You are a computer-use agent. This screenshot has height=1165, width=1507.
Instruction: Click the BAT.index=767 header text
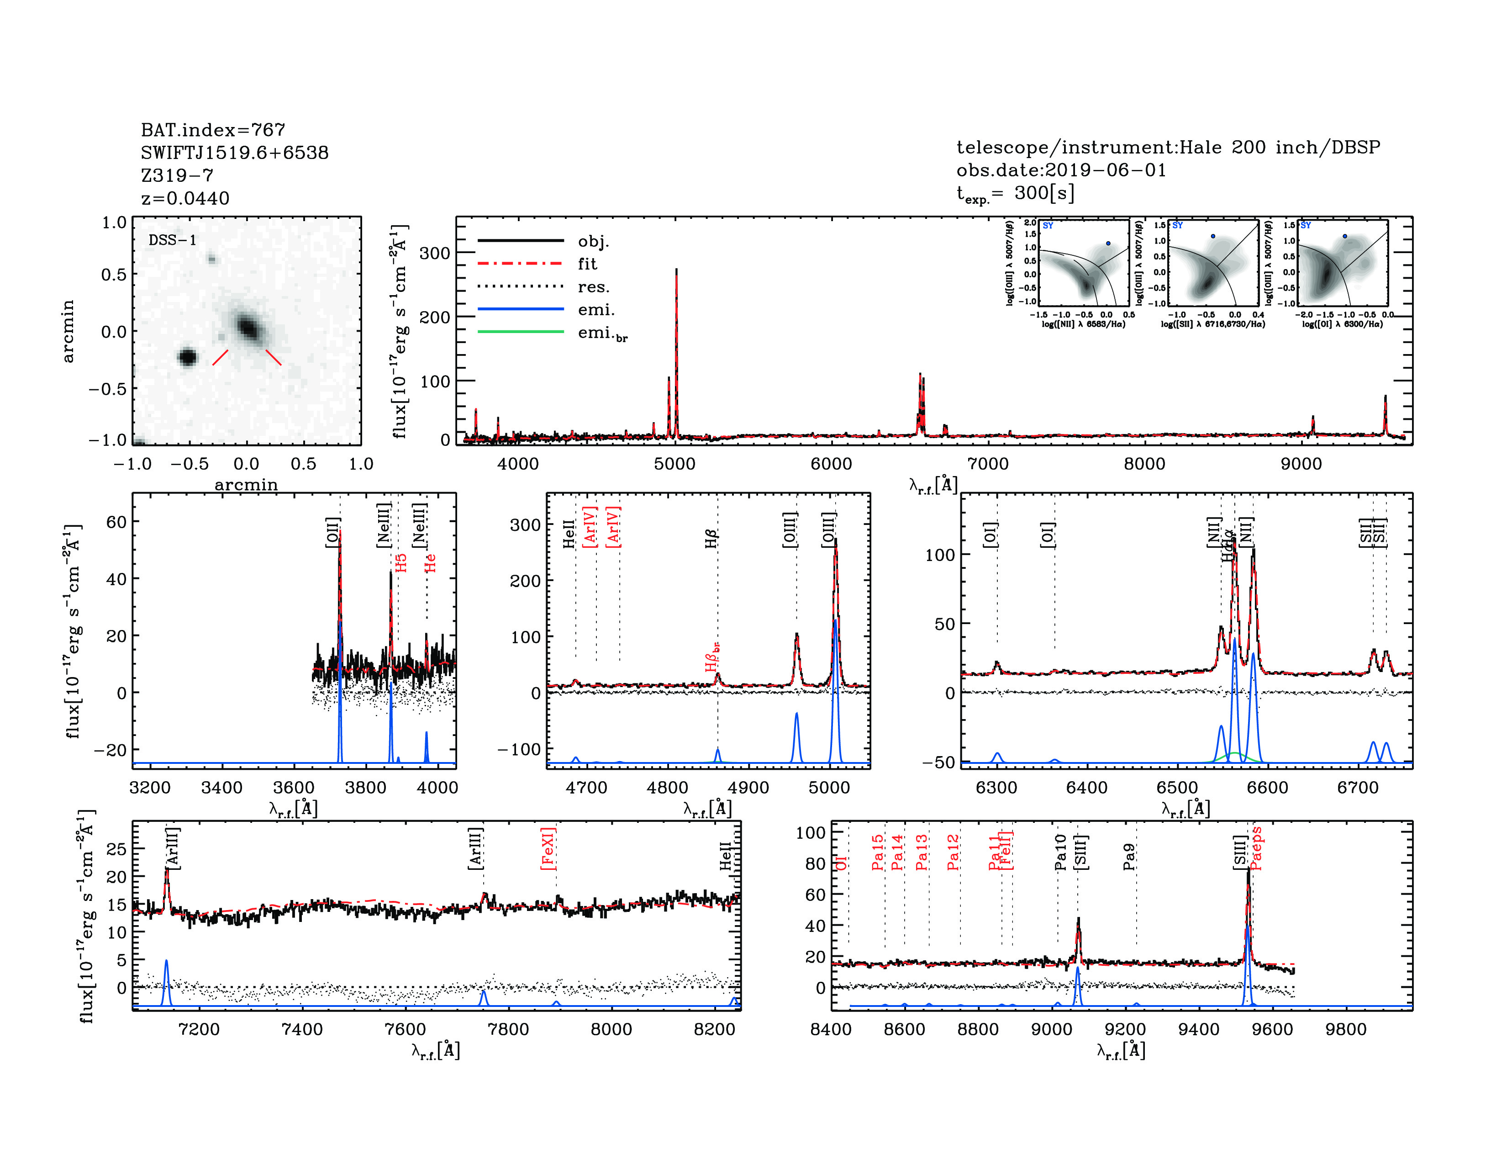[x=212, y=130]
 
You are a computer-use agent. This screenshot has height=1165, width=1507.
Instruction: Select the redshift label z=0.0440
[x=185, y=198]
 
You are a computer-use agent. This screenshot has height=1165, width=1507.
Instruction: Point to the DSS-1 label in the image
[x=173, y=240]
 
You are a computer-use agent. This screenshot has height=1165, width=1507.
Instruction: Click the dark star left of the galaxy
[x=188, y=357]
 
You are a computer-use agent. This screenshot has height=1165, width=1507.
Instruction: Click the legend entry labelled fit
[x=587, y=264]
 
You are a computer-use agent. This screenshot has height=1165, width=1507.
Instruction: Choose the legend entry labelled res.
[x=593, y=286]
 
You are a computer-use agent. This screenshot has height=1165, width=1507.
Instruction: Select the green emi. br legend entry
[x=602, y=334]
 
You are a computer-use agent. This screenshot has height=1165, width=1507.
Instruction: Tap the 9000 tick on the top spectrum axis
[x=1301, y=464]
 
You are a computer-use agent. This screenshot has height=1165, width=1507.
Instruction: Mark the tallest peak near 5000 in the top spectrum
[x=676, y=270]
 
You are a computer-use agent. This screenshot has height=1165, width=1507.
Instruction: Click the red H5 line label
[x=401, y=562]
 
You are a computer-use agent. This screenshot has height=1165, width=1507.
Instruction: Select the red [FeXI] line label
[x=548, y=848]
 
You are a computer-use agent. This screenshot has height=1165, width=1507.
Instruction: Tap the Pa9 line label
[x=1129, y=857]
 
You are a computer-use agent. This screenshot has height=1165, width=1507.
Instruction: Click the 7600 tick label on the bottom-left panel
[x=405, y=1029]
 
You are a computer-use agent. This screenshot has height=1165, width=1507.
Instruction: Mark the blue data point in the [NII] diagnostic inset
[x=1108, y=243]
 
